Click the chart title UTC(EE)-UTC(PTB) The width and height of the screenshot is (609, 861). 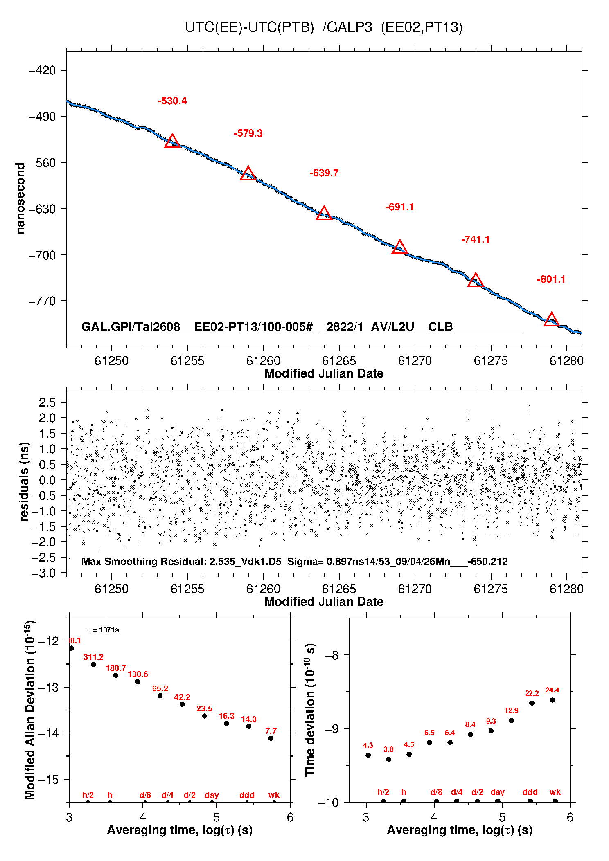pos(250,27)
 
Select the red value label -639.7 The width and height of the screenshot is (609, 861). pos(324,173)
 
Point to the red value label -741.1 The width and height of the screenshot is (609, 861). pos(476,240)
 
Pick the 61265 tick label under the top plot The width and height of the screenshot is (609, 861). pos(339,361)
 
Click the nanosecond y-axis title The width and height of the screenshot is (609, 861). pos(20,198)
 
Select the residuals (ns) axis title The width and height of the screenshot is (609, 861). pos(25,482)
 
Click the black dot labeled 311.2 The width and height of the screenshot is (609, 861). pos(93,664)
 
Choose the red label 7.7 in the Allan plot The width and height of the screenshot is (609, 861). pos(271,731)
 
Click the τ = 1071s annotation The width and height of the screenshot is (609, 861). pos(104,630)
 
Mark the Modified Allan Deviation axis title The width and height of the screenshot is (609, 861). pos(29,710)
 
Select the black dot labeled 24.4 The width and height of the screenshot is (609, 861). pos(552,700)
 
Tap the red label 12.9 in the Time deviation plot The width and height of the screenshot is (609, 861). pos(512,710)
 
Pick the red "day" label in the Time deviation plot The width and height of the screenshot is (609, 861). pos(498,792)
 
